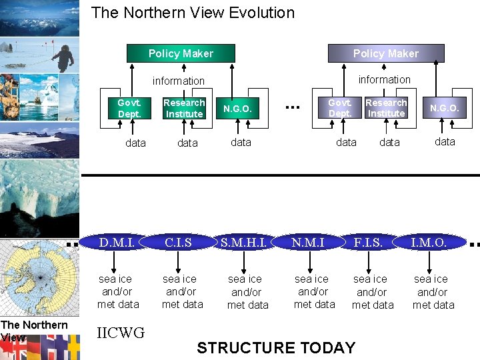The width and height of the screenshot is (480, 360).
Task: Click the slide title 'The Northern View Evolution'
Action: coord(193,13)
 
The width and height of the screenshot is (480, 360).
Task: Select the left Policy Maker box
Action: coord(181,53)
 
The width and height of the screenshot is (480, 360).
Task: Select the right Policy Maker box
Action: coord(385,53)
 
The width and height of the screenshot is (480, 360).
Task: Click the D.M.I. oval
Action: coord(117,242)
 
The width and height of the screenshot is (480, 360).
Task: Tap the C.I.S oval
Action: coord(179,242)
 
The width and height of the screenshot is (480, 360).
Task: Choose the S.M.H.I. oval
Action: coord(244,242)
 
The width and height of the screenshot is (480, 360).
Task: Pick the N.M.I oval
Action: coord(308,242)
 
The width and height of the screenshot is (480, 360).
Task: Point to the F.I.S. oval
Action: coord(368,242)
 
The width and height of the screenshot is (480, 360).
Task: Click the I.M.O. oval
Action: coord(429,242)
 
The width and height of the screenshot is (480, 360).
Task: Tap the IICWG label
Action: coord(121,333)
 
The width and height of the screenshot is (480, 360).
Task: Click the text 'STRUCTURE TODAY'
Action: coord(276,347)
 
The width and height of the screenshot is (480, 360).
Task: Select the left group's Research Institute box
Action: coord(184,108)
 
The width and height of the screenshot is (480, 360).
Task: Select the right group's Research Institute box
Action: coord(386,108)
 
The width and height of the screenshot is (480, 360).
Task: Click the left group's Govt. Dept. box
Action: coord(129,108)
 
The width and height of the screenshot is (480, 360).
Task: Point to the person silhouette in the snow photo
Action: coord(63,57)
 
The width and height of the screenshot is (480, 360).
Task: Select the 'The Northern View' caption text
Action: coord(33,330)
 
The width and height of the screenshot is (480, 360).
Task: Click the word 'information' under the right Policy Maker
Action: coord(385,79)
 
